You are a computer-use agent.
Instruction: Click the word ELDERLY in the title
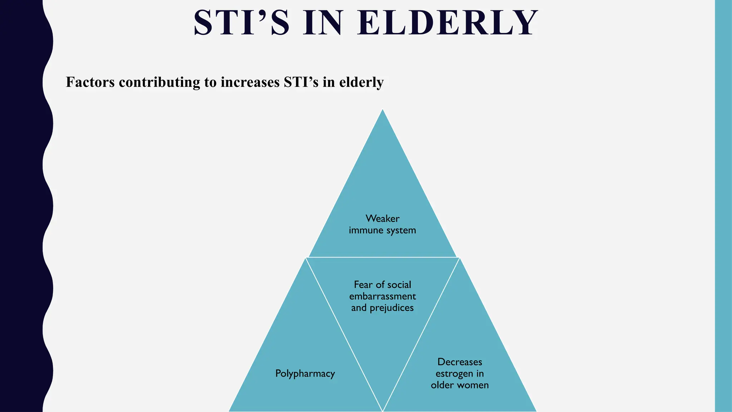pos(447,23)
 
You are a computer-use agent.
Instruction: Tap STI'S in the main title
pos(241,23)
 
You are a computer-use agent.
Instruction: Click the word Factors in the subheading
pos(90,82)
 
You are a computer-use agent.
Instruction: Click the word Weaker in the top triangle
pos(382,219)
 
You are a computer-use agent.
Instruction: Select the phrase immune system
pos(382,230)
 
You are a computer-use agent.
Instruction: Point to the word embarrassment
pos(382,296)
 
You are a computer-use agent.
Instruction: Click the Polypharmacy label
pos(305,374)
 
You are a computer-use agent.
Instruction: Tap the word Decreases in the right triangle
pos(460,362)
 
